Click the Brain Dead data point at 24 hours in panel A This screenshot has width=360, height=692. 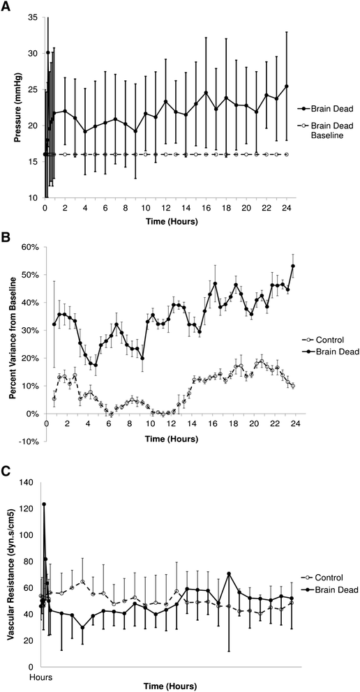(287, 86)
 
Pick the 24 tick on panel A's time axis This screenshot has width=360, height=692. (287, 208)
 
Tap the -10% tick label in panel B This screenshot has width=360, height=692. (29, 441)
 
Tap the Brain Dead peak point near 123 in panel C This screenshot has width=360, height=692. (44, 504)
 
